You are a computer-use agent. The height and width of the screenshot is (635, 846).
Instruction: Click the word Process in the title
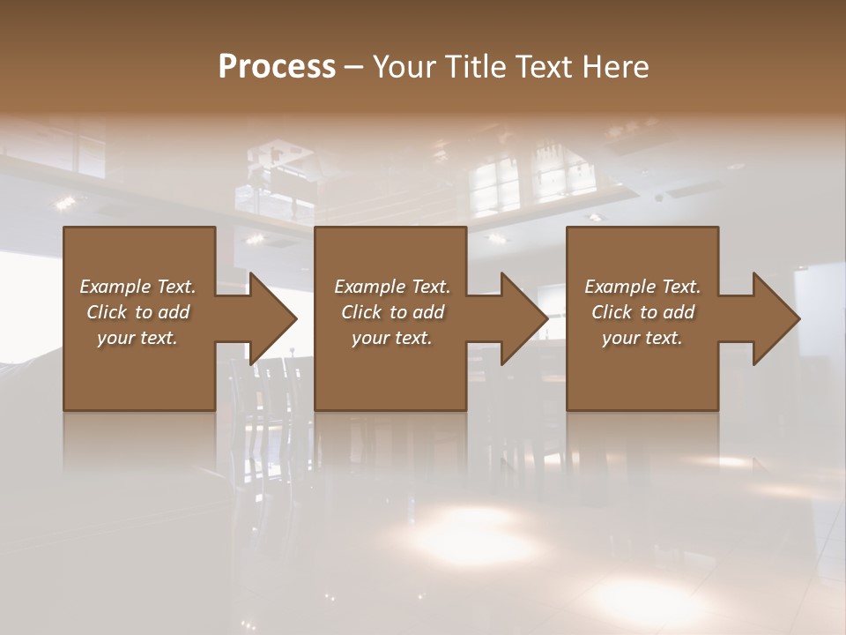click(x=277, y=67)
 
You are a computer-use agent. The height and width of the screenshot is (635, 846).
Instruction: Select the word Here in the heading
click(x=615, y=67)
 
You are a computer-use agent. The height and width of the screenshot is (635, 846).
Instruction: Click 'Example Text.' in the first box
click(x=137, y=287)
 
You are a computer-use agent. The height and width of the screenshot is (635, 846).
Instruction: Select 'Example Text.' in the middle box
click(x=391, y=287)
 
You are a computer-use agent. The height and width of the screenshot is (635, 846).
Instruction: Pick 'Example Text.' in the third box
click(x=642, y=287)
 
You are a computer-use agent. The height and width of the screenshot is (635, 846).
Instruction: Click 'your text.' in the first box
click(x=137, y=338)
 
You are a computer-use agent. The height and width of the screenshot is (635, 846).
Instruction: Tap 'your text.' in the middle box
click(x=391, y=338)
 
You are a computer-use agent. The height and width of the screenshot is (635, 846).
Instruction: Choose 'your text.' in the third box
click(x=642, y=338)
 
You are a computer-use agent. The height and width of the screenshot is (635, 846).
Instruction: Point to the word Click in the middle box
click(x=361, y=312)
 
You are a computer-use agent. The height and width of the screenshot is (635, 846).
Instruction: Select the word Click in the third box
click(x=612, y=312)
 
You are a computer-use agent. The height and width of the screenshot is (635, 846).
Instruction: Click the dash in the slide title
click(x=353, y=67)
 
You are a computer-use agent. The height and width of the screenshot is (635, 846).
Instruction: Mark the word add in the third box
click(x=679, y=312)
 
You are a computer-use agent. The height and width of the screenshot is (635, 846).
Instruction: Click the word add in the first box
click(x=174, y=312)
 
